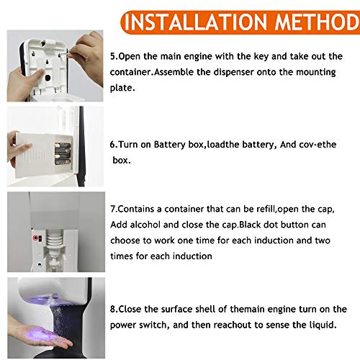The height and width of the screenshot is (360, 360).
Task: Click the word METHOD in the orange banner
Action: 317,22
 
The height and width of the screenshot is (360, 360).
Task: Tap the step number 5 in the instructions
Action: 113,56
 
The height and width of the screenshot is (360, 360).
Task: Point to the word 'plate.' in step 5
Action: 122,88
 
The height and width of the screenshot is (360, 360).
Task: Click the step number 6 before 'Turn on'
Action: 113,145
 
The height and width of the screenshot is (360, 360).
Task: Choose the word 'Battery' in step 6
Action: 169,145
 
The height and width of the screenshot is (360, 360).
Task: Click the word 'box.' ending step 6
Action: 122,161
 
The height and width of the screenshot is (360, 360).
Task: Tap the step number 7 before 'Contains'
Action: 113,209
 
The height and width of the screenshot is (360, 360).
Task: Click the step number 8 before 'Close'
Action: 113,309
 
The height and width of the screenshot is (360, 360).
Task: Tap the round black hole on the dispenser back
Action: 48,78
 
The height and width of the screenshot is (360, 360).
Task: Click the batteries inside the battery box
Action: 63,153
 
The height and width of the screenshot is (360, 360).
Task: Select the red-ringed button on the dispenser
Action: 36,238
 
